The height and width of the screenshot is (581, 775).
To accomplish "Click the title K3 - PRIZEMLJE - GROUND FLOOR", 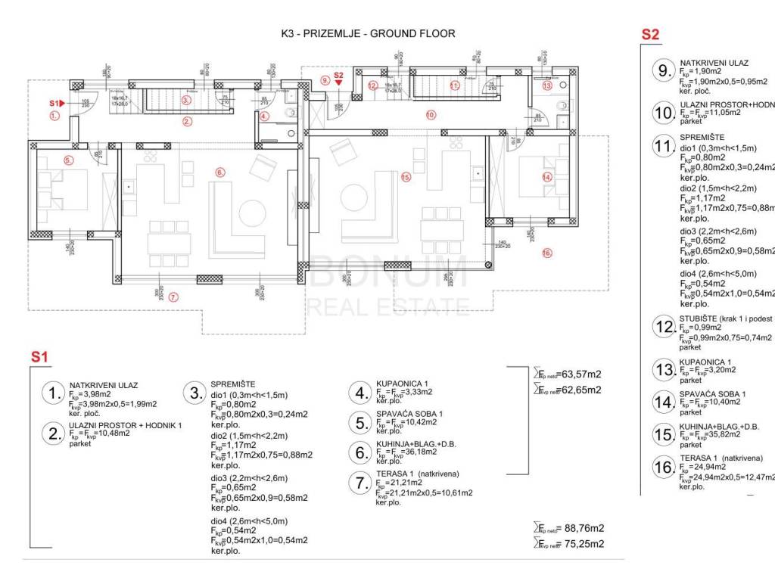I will (367, 34).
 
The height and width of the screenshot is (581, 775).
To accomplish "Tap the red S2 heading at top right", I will (650, 34).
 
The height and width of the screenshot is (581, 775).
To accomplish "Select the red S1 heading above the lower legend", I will (39, 356).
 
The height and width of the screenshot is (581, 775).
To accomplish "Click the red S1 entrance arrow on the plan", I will (61, 102).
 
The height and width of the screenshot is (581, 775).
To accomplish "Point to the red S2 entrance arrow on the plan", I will (338, 82).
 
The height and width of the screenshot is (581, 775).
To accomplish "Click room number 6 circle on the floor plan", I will (220, 172).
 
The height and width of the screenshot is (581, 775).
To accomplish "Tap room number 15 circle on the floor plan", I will (405, 177).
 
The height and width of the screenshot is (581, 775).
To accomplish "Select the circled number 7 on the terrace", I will (173, 297).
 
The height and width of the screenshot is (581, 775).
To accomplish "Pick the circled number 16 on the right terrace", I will (547, 253).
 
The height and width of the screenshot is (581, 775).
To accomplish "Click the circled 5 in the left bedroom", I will (68, 160).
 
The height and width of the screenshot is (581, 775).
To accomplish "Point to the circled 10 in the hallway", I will (430, 115).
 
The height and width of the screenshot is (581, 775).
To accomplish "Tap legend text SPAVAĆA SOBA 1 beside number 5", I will (409, 415).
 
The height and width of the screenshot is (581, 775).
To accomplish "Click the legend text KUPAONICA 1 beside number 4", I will (403, 385).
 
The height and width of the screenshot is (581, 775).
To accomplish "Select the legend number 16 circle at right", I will (664, 468).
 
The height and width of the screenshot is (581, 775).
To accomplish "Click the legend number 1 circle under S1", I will (52, 393).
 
